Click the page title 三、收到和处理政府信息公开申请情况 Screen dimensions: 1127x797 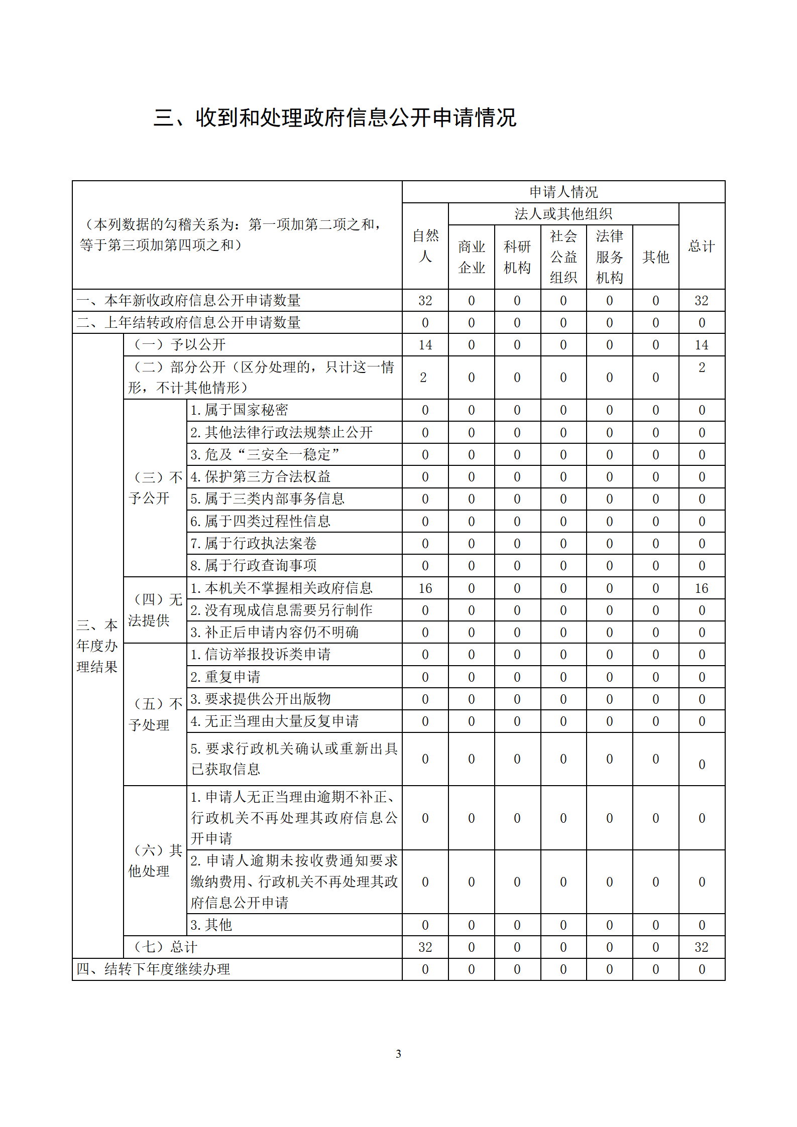pyautogui.click(x=335, y=118)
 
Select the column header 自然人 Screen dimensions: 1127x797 pyautogui.click(x=425, y=246)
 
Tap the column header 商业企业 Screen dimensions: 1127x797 pyautogui.click(x=471, y=257)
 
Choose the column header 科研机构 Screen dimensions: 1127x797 pyautogui.click(x=517, y=257)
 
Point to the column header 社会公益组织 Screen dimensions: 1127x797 pyautogui.click(x=563, y=257)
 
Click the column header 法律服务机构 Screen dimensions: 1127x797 pyautogui.click(x=609, y=257)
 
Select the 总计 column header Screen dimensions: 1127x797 pyautogui.click(x=701, y=246)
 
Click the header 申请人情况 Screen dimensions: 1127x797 pyautogui.click(x=563, y=192)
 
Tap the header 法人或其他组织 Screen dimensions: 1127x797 pyautogui.click(x=563, y=214)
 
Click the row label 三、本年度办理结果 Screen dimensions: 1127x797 pyautogui.click(x=97, y=646)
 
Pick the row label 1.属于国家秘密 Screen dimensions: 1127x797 pyautogui.click(x=239, y=410)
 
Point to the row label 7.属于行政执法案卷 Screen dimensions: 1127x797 pyautogui.click(x=254, y=543)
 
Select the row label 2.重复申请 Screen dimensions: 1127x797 pyautogui.click(x=225, y=677)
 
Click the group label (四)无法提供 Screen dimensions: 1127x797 pyautogui.click(x=155, y=610)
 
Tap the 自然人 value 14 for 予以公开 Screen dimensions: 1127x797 pyautogui.click(x=425, y=345)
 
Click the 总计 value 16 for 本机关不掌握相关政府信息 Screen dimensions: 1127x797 pyautogui.click(x=701, y=588)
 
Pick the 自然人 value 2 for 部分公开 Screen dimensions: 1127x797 pyautogui.click(x=423, y=378)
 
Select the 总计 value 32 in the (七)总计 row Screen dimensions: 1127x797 pyautogui.click(x=701, y=947)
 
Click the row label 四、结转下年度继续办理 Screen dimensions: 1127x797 pyautogui.click(x=153, y=969)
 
